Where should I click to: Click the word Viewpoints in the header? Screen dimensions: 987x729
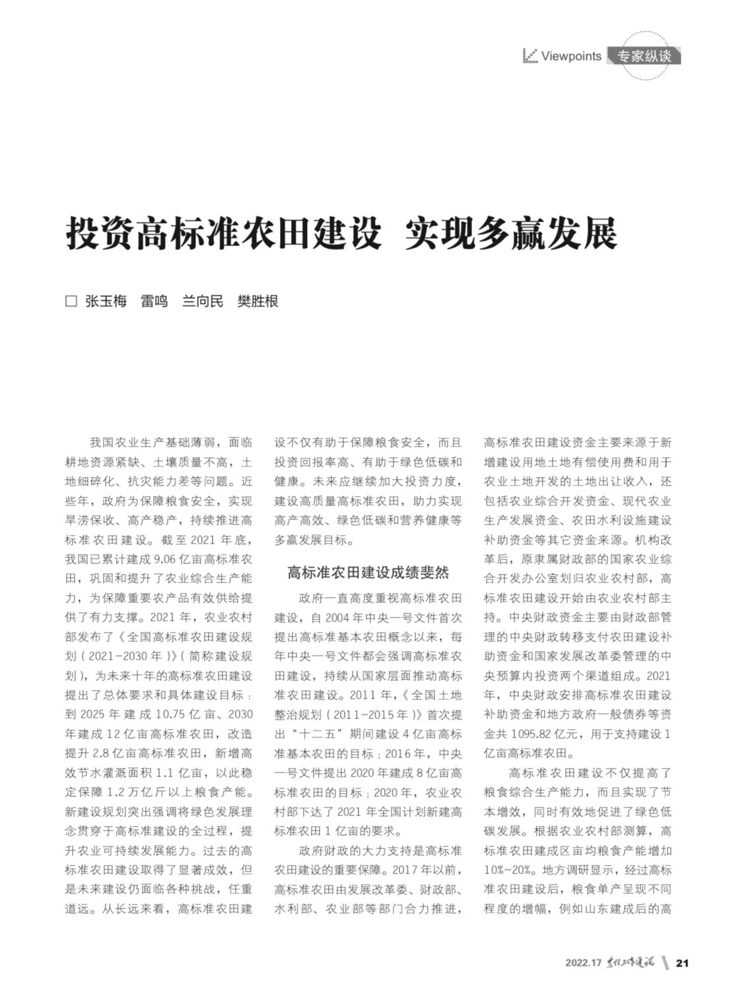point(571,57)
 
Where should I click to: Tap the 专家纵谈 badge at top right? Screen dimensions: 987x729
point(644,57)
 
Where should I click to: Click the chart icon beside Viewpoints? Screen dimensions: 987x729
point(530,56)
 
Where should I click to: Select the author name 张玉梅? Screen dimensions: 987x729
point(106,302)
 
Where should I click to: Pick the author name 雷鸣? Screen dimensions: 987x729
point(154,302)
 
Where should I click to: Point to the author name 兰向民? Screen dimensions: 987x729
point(202,302)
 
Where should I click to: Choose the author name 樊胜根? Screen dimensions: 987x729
point(258,302)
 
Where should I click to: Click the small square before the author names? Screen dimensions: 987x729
point(71,302)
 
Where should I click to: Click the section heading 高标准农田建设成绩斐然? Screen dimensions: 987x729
point(368,573)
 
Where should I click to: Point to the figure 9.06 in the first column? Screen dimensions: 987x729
point(166,559)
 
